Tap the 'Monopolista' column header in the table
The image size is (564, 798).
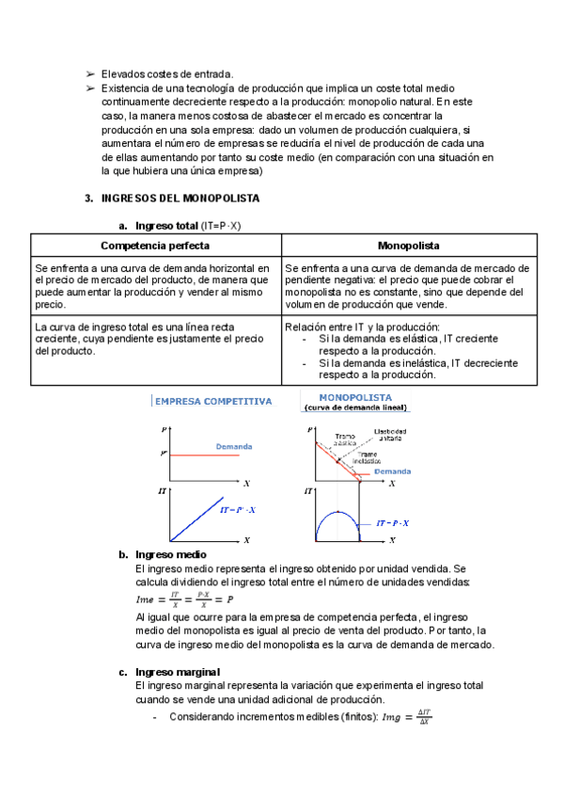[409, 245]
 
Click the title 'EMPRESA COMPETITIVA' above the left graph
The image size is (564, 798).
[213, 401]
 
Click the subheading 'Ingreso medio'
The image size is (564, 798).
[171, 555]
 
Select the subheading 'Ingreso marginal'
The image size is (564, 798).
[179, 672]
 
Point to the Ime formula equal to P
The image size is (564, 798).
[184, 598]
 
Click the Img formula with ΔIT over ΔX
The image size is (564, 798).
[407, 717]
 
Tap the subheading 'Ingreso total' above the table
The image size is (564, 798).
[166, 226]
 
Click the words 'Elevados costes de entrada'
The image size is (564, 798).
[165, 73]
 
